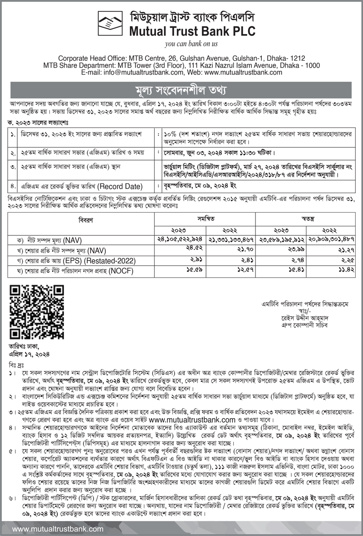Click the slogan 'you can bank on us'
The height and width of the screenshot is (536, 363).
(x=191, y=44)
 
